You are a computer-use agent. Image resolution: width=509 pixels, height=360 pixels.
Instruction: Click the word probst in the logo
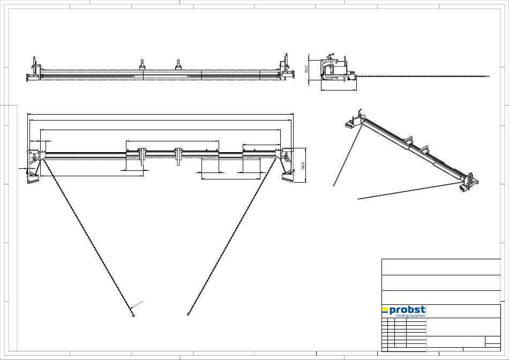pyautogui.click(x=407, y=310)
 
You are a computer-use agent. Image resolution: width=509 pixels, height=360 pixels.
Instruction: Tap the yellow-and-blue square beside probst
pyautogui.click(x=385, y=310)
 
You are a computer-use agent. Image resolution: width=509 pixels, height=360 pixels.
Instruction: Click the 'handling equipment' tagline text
pyautogui.click(x=410, y=316)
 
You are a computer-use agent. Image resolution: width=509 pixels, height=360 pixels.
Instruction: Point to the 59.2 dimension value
pyautogui.click(x=306, y=70)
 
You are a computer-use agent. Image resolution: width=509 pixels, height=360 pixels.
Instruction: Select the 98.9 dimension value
pyautogui.click(x=303, y=167)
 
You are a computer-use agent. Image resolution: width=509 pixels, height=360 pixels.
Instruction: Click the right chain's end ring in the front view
pyautogui.click(x=188, y=314)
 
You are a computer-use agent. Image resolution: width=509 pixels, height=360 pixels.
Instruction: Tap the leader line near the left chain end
pyautogui.click(x=138, y=306)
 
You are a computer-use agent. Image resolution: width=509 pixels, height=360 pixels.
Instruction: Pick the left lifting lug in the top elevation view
pyautogui.click(x=143, y=65)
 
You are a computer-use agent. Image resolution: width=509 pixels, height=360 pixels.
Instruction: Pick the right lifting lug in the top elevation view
pyautogui.click(x=178, y=65)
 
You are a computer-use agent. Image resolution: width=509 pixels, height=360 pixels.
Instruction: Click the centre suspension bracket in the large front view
pyautogui.click(x=178, y=155)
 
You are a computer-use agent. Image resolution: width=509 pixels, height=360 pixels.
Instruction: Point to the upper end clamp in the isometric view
pyautogui.click(x=355, y=121)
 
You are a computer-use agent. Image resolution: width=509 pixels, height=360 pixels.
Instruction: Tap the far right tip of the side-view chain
pyautogui.click(x=489, y=76)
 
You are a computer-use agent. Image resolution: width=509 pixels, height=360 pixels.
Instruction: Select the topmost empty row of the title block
pyautogui.click(x=440, y=267)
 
